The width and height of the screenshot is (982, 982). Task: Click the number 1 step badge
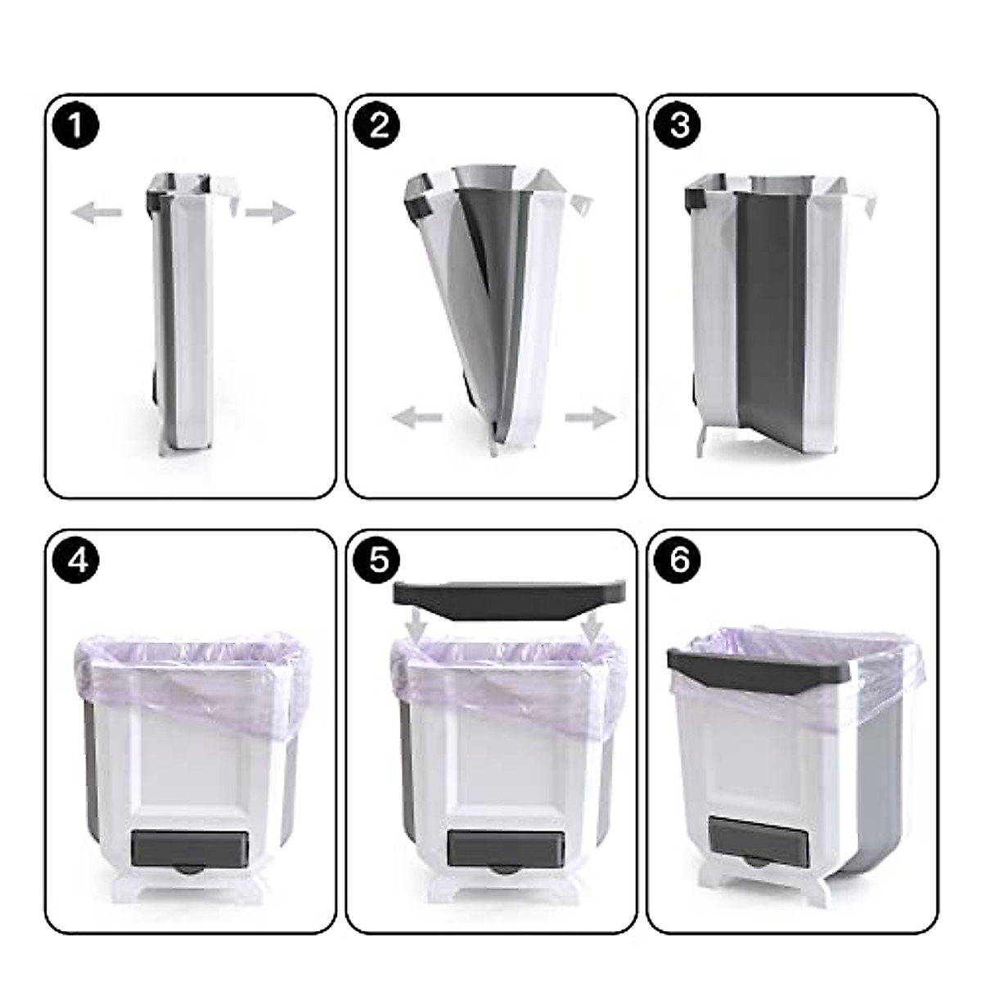point(76,127)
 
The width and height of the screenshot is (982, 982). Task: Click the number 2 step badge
point(377,127)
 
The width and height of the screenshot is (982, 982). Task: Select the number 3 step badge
point(679,127)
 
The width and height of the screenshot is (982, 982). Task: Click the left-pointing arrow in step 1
point(96,214)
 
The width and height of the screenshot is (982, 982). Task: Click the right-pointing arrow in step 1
point(270,214)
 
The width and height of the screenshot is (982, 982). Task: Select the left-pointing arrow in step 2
point(417,418)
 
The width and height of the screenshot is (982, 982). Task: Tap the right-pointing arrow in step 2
point(590,418)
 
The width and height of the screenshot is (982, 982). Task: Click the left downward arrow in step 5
point(417,627)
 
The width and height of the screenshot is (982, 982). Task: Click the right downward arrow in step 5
point(592,627)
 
